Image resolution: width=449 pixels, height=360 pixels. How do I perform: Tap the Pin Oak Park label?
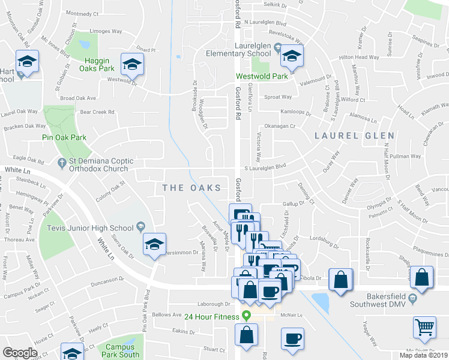click(x=64, y=137)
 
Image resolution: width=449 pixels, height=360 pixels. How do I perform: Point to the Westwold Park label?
click(x=260, y=76)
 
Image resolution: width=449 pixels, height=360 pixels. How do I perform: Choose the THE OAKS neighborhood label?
click(x=187, y=188)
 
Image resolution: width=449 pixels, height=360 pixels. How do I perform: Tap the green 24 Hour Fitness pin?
click(x=246, y=316)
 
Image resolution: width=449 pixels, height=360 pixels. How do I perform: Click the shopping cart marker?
click(x=424, y=327)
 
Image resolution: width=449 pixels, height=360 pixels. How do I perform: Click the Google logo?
click(x=20, y=353)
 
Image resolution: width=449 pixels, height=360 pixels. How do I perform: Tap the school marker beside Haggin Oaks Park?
click(x=133, y=64)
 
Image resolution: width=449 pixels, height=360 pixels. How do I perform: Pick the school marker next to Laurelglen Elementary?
click(x=291, y=57)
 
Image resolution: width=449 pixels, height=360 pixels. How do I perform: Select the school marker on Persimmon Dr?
click(x=154, y=244)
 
